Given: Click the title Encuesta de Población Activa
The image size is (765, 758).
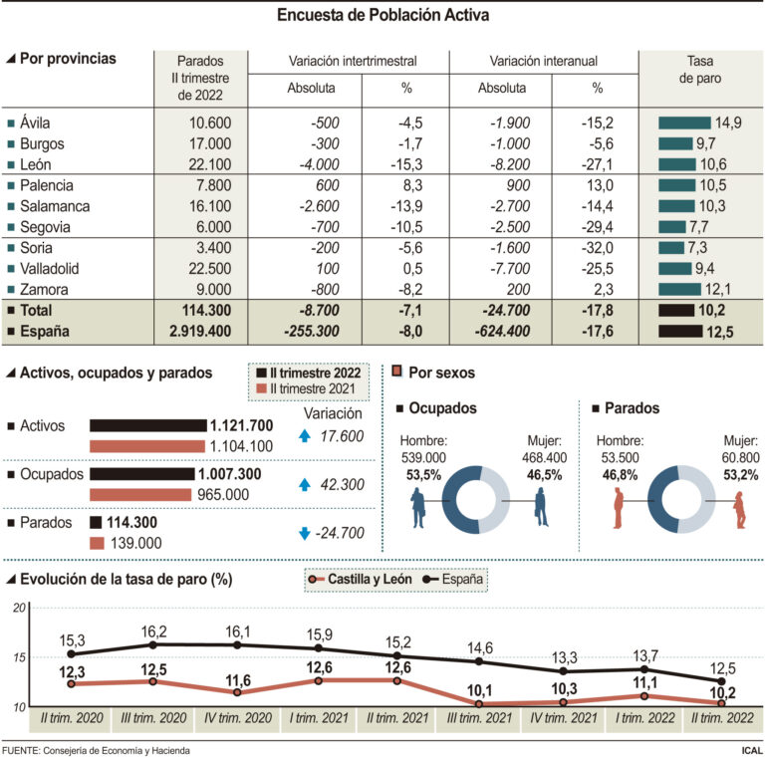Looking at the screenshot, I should [382, 15].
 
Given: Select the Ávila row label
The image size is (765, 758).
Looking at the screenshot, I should [35, 123].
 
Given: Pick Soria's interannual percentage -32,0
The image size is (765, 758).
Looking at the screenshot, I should [597, 248].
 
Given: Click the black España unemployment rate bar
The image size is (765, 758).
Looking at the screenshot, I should [693, 332].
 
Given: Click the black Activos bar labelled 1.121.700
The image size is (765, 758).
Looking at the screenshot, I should [148, 426].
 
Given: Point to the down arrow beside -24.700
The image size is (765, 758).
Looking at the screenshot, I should [305, 533].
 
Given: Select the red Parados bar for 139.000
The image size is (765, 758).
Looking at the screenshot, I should [97, 543].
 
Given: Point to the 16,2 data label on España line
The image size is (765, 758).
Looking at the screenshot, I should [154, 632].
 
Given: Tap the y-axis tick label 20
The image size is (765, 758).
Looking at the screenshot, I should [17, 608].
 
